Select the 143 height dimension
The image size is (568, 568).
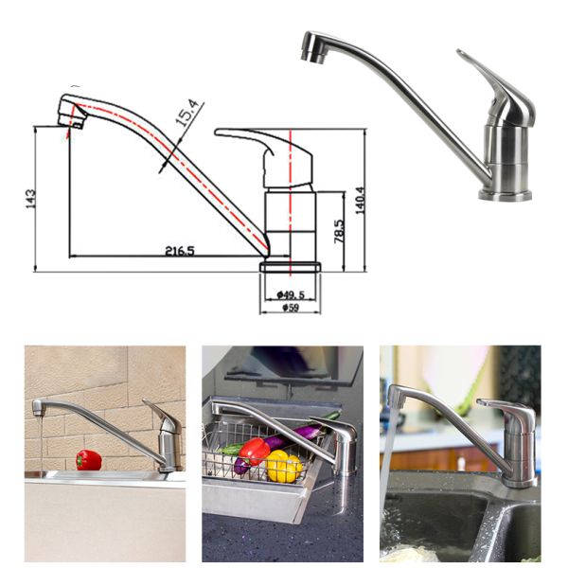pos(30,199)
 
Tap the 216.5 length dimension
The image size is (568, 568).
pos(179,251)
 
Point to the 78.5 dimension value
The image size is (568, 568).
pos(338,230)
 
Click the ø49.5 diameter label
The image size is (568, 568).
pos(291,295)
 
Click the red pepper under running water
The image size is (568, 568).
pos(88,460)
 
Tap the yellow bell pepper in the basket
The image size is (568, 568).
pos(282,466)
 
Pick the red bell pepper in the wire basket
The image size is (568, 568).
pos(253,451)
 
